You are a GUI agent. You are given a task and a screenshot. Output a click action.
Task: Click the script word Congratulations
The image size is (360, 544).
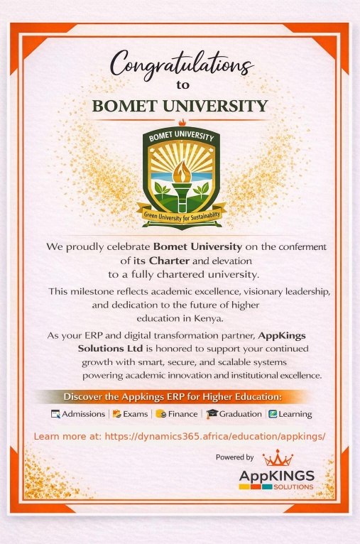coord(181,65)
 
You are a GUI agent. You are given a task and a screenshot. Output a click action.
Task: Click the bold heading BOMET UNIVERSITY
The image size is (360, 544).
coord(180,107)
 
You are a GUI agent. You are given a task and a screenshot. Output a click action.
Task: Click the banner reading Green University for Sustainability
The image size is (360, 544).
coord(182,212)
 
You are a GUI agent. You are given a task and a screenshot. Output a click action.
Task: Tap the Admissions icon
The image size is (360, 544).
coord(55,414)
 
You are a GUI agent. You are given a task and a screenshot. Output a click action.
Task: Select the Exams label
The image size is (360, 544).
coord(136,414)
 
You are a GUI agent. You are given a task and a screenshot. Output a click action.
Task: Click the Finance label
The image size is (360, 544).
coord(182,414)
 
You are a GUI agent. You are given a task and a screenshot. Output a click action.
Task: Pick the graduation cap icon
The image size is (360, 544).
coord(212,414)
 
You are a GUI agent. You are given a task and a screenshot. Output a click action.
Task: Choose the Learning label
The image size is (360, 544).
coord(295,414)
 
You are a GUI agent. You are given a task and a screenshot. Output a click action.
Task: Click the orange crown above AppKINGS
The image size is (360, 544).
coord(277,458)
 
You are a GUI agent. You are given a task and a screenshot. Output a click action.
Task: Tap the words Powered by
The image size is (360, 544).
coord(234,457)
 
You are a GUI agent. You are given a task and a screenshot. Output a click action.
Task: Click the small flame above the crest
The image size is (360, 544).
coord(182,122)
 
